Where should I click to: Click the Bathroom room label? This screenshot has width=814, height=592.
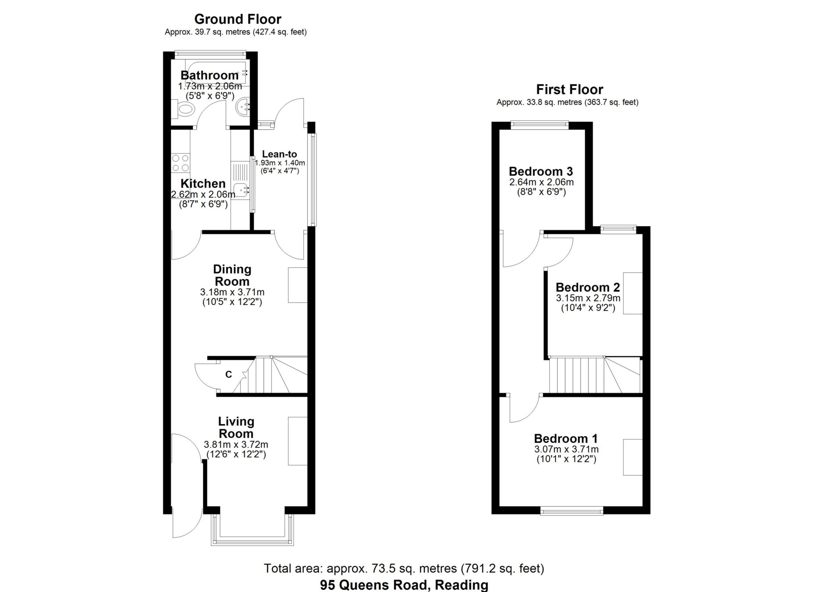click(x=209, y=75)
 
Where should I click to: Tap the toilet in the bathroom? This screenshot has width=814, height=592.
click(x=184, y=109)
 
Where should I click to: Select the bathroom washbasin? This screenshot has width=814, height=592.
click(x=243, y=106)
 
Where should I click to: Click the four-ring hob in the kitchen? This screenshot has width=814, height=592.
click(x=180, y=163)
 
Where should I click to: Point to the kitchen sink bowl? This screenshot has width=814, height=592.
click(x=241, y=189)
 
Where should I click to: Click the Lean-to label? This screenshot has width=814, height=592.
click(x=279, y=154)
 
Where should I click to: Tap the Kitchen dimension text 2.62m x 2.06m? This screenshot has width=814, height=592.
click(x=203, y=194)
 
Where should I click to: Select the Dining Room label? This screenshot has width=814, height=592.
click(x=232, y=275)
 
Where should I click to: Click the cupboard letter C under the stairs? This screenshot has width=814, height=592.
click(x=229, y=375)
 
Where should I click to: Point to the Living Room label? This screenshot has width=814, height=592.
click(x=236, y=427)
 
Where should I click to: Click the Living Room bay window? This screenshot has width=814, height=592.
click(x=253, y=530)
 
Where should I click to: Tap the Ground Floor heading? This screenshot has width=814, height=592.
click(x=238, y=19)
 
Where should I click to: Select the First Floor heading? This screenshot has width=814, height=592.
click(x=569, y=89)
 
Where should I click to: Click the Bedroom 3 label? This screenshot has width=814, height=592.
click(x=541, y=171)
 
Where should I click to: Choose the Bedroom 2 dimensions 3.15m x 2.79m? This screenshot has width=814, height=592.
click(x=588, y=298)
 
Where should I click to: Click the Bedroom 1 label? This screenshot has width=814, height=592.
click(x=566, y=439)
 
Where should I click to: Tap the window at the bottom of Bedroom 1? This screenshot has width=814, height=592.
click(x=572, y=511)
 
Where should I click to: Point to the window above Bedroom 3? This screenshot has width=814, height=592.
click(x=540, y=125)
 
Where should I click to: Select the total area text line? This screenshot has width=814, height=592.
click(x=404, y=569)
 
